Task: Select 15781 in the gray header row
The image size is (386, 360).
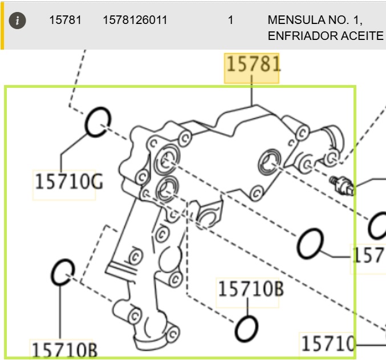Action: tap(65, 20)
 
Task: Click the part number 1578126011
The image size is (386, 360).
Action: tap(135, 20)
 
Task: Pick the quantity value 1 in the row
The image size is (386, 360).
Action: tap(230, 20)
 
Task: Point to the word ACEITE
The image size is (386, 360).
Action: tap(363, 36)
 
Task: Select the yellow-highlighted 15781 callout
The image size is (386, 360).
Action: tap(253, 64)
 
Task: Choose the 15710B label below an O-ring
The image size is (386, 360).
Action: tap(63, 349)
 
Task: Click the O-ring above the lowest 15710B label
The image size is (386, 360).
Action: tap(63, 272)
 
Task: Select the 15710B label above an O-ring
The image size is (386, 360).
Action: tap(250, 289)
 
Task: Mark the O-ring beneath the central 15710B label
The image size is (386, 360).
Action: tap(247, 327)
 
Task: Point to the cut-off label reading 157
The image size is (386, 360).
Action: tap(368, 255)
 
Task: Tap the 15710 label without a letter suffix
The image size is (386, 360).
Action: tap(328, 343)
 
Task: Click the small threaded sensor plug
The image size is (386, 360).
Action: tap(342, 184)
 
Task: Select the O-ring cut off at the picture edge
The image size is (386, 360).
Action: tap(377, 226)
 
